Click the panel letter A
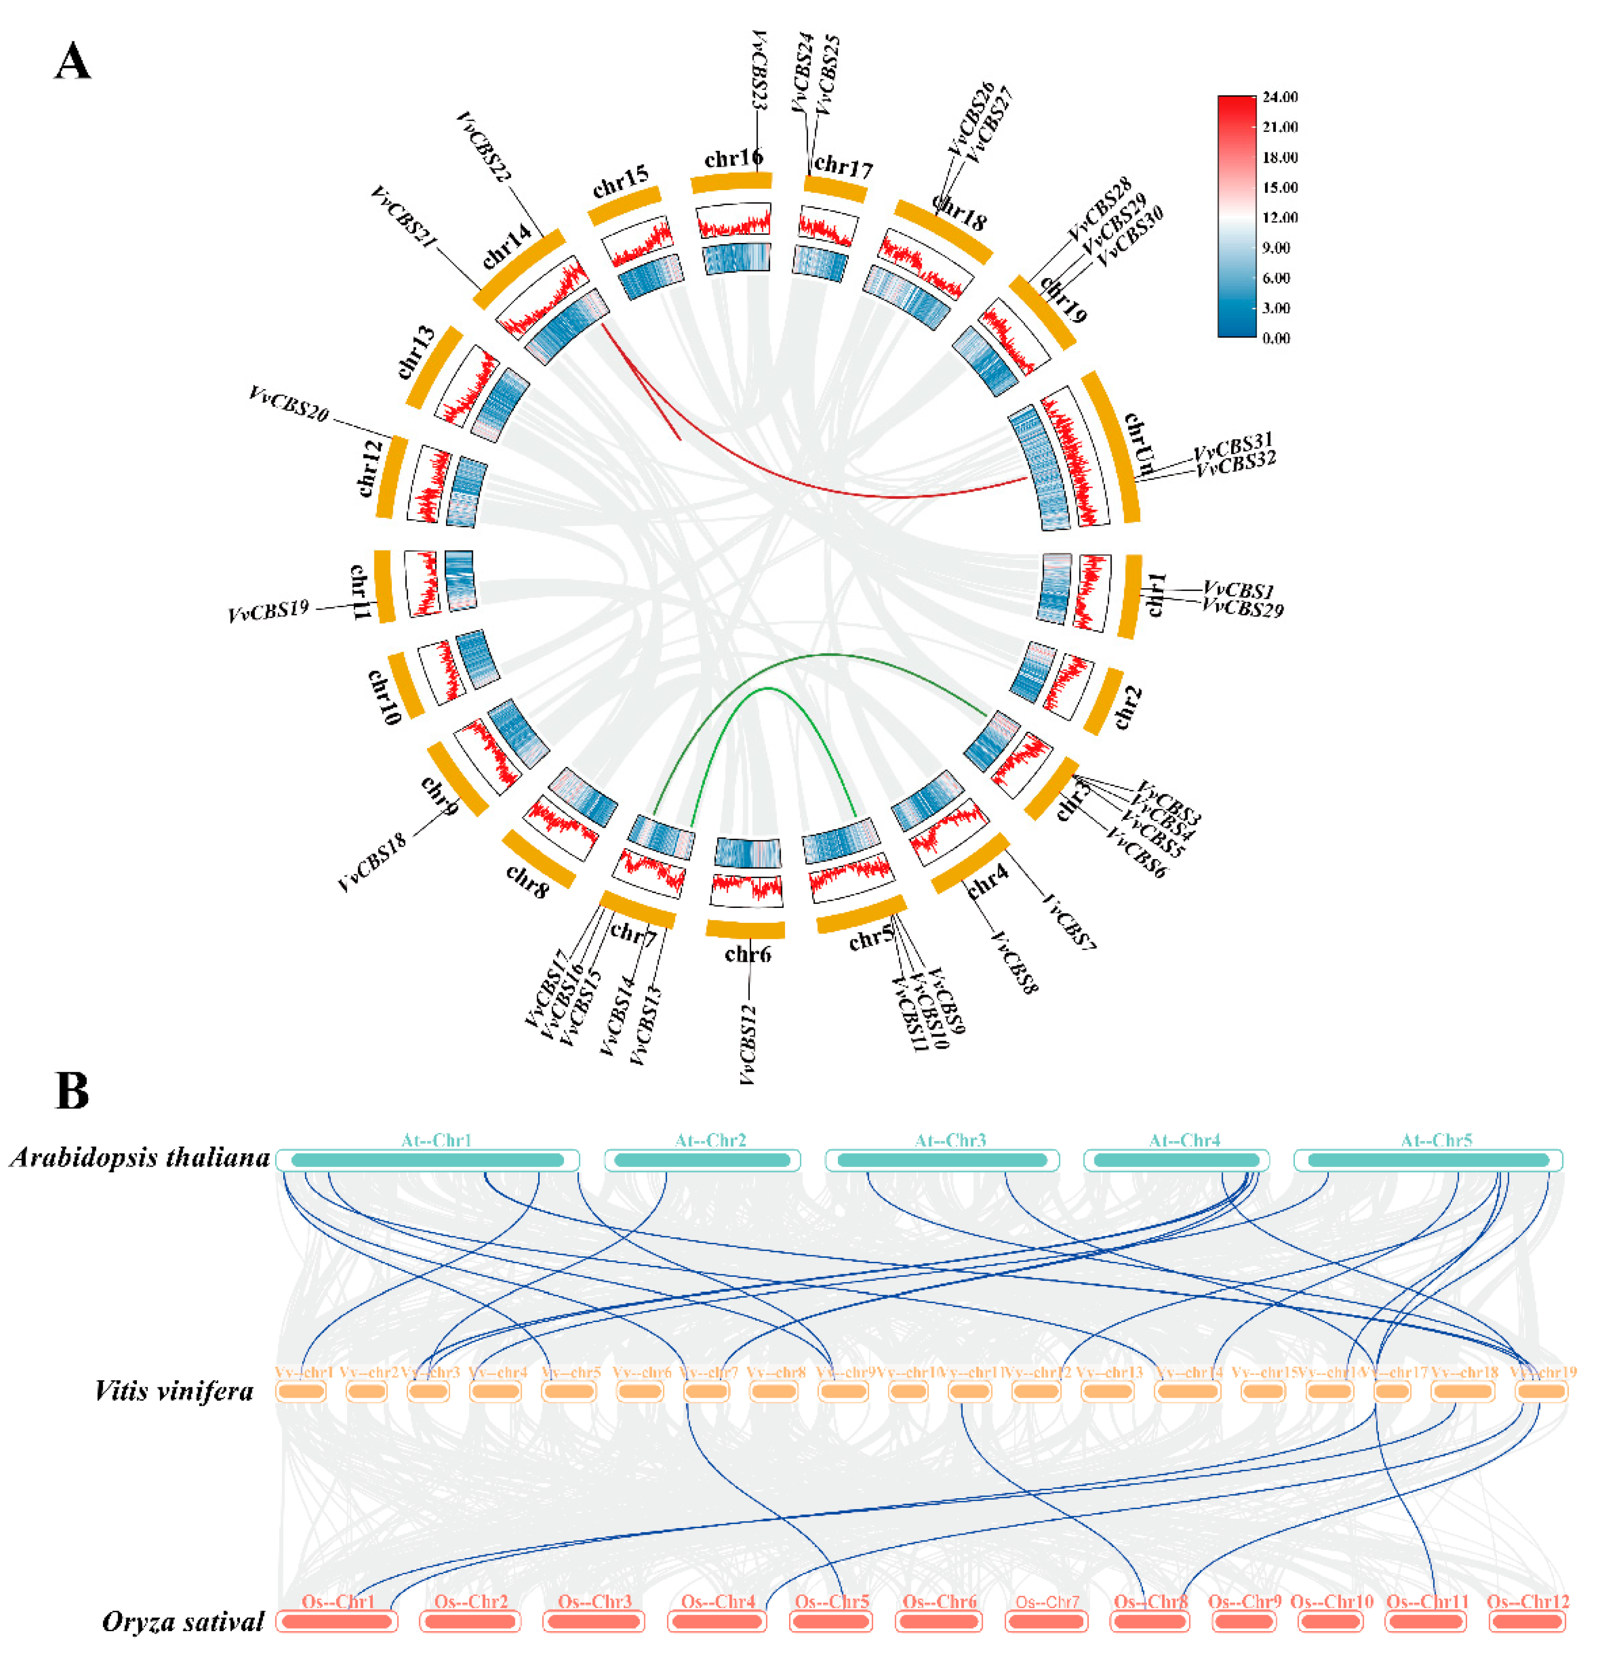tap(72, 62)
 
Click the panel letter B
tap(72, 1091)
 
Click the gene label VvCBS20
tap(288, 404)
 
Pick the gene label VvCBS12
tap(747, 1044)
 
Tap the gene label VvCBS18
tap(373, 861)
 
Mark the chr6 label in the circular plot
tap(747, 955)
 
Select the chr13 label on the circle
tap(416, 352)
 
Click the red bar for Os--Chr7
tap(1047, 1621)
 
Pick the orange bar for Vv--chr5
tap(569, 1392)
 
